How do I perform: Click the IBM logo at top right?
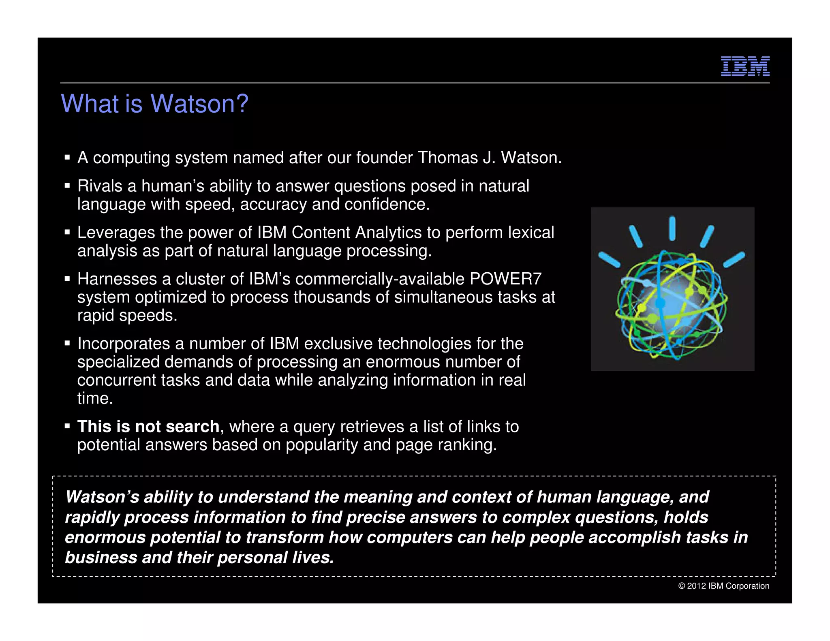745,66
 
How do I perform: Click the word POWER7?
505,279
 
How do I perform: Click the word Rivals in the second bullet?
100,186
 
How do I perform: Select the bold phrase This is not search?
148,427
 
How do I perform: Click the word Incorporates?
124,344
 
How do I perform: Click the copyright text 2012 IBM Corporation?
724,586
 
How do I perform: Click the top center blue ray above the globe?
672,228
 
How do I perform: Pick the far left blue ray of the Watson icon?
609,259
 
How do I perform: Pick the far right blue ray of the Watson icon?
734,259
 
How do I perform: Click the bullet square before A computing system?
67,157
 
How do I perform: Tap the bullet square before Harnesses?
67,279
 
